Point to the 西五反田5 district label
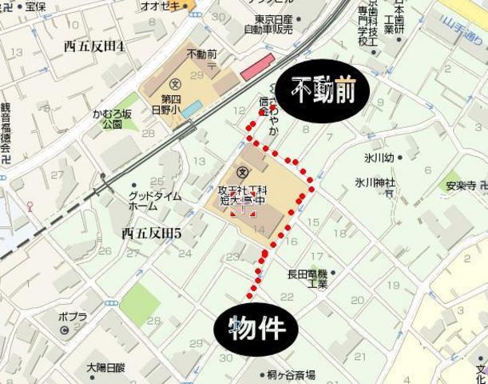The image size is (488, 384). tap(152, 234)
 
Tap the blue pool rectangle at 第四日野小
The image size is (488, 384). tap(192, 109)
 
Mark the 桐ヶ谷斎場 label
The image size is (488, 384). tap(292, 374)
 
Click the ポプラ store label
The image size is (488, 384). tap(73, 317)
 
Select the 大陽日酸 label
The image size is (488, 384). tap(105, 367)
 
